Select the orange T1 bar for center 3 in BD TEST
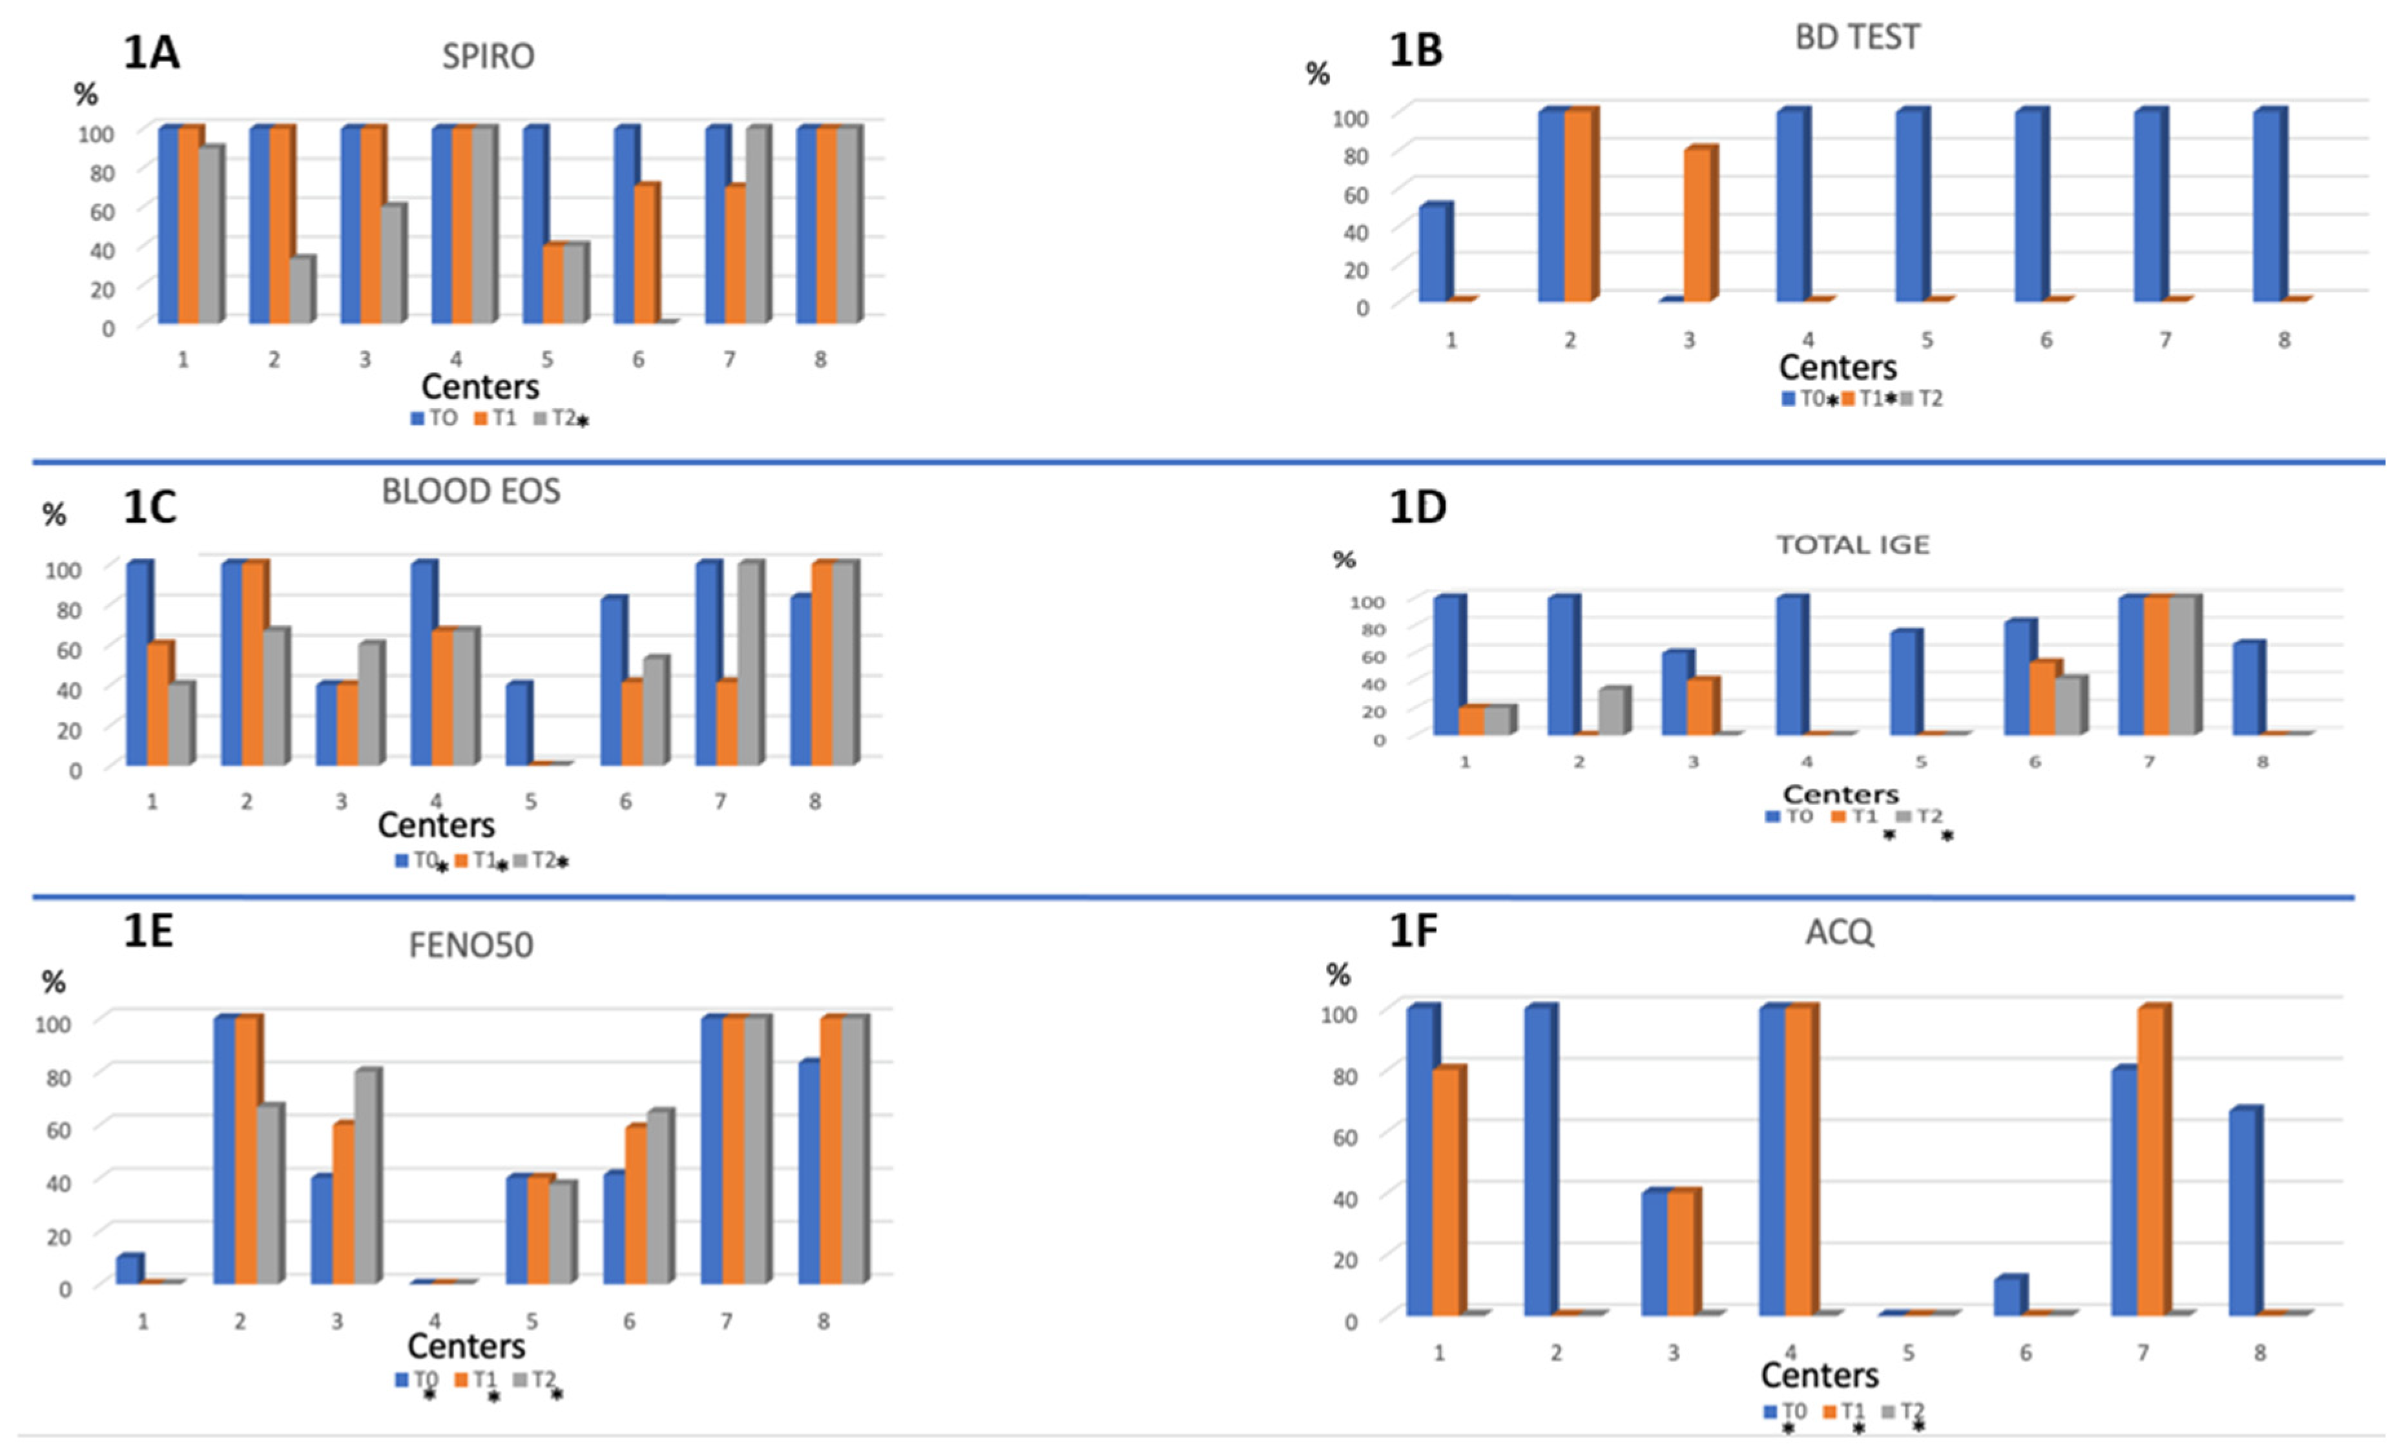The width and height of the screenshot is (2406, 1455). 1697,225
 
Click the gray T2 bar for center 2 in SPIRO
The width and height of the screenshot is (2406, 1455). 301,290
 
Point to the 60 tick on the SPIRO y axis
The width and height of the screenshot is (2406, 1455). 101,211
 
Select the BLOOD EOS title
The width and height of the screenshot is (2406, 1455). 471,491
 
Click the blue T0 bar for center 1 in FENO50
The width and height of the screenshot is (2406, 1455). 128,1270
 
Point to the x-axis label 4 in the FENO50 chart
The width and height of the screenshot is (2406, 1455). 435,1321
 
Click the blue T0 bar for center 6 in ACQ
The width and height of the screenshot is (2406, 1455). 2009,1296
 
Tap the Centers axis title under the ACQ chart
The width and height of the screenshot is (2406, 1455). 1818,1375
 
